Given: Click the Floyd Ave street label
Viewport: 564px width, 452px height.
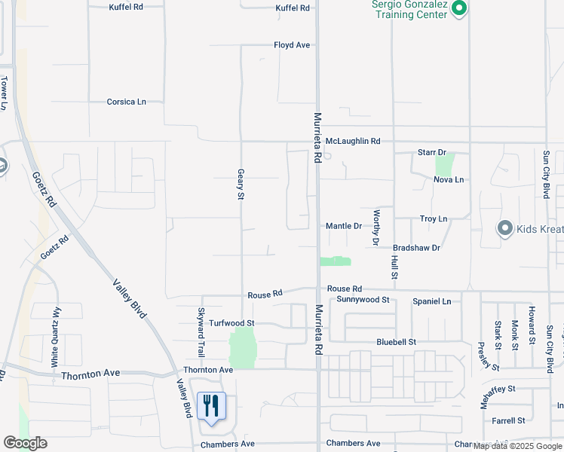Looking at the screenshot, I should [292, 45].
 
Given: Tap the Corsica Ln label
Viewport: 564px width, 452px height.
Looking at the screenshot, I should [126, 102].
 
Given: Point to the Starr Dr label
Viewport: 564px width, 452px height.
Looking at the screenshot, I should [432, 152].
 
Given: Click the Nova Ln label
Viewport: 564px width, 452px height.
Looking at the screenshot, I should [448, 179].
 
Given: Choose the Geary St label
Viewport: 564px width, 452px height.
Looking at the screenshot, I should [241, 184].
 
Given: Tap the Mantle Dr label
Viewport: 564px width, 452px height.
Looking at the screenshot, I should [343, 226].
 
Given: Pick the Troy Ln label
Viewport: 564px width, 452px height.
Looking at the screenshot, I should [433, 218].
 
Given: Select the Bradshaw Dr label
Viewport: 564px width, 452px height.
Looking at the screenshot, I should [416, 247].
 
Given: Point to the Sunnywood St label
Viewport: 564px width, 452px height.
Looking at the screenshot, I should [363, 300].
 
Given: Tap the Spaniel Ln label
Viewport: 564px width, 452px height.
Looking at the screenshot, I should [431, 301].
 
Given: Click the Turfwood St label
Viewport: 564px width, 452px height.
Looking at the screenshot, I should [232, 323].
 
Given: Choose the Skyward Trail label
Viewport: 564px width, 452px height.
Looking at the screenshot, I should [201, 332].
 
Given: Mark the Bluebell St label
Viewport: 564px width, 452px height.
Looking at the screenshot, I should [397, 342].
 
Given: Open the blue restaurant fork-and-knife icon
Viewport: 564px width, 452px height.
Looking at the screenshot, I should [210, 407].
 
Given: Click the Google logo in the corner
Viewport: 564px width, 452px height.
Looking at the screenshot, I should [25, 443].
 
